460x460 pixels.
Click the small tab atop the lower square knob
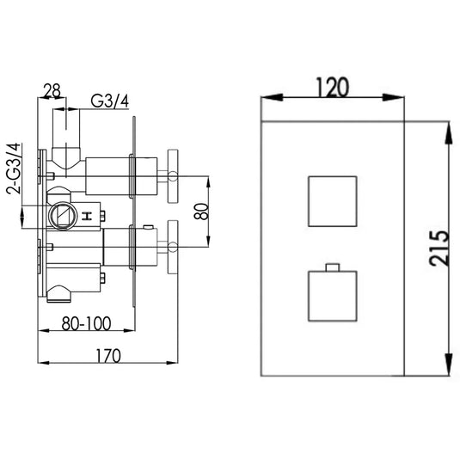coord(331,263)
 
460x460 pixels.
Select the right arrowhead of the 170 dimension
coord(178,363)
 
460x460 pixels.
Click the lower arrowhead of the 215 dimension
coord(447,367)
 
